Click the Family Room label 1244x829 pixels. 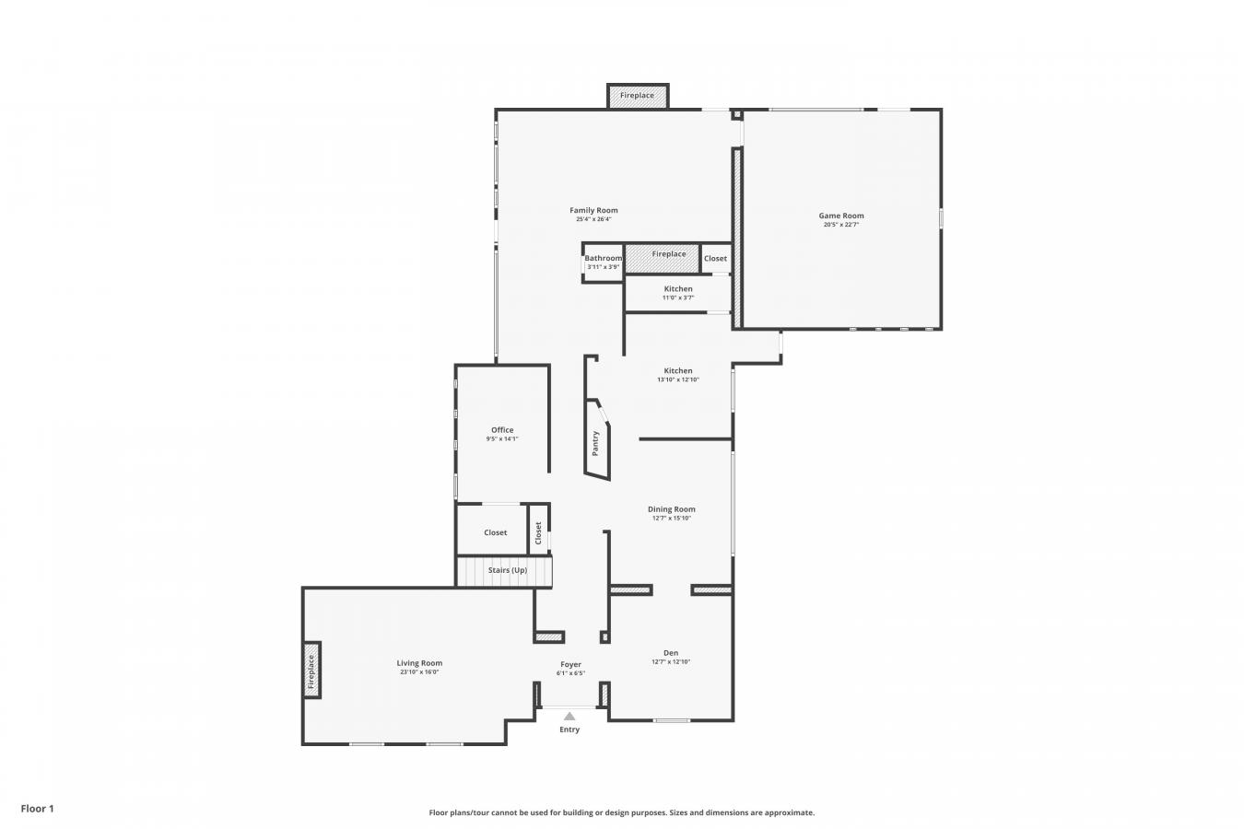tap(593, 210)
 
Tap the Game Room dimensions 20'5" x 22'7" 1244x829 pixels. tap(840, 225)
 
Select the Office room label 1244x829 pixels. tap(502, 430)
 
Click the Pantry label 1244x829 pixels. tap(595, 444)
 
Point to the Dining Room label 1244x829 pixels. tap(672, 509)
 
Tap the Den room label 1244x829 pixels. tap(671, 653)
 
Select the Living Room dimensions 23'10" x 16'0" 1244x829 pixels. tap(419, 671)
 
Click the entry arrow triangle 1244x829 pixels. tap(569, 717)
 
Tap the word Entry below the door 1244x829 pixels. tap(569, 730)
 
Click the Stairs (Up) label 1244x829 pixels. tap(508, 570)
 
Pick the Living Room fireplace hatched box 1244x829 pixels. tap(311, 671)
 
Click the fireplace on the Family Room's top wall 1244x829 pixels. tap(638, 96)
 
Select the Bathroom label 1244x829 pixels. tap(604, 258)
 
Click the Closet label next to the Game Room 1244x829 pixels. tap(715, 258)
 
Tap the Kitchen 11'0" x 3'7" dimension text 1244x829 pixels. tap(678, 298)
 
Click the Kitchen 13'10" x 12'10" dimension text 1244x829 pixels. tap(678, 379)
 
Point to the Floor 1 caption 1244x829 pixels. tap(37, 809)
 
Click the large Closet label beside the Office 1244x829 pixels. tap(496, 532)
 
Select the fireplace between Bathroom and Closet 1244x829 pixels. tap(662, 259)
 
